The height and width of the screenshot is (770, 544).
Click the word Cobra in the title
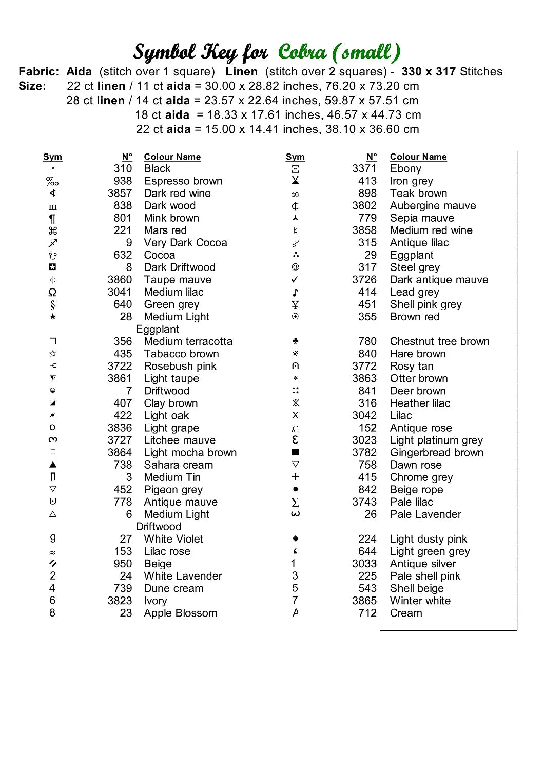(x=302, y=52)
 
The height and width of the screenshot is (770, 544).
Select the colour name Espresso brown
(x=183, y=181)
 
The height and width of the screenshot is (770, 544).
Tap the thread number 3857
(x=120, y=194)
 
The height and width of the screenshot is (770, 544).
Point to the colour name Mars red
(x=165, y=230)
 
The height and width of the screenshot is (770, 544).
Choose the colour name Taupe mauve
(x=178, y=280)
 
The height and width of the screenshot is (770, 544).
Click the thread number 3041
(x=120, y=292)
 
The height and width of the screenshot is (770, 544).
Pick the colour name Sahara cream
(x=178, y=465)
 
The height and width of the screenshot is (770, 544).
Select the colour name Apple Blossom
(x=180, y=613)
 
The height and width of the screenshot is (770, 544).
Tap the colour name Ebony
(x=405, y=169)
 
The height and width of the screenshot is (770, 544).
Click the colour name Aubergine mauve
(x=433, y=206)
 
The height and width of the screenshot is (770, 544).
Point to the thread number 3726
(x=364, y=280)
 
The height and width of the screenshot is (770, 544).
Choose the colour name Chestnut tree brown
(x=439, y=341)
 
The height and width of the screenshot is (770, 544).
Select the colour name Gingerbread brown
(x=436, y=453)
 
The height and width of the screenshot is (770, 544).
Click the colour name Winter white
(x=420, y=601)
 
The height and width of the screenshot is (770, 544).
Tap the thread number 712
(x=367, y=613)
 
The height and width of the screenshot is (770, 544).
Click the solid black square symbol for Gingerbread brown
(x=295, y=452)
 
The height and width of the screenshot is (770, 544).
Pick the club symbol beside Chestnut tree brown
(x=295, y=341)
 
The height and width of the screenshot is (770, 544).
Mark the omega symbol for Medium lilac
(x=52, y=292)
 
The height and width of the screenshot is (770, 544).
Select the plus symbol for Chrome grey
(x=295, y=477)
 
